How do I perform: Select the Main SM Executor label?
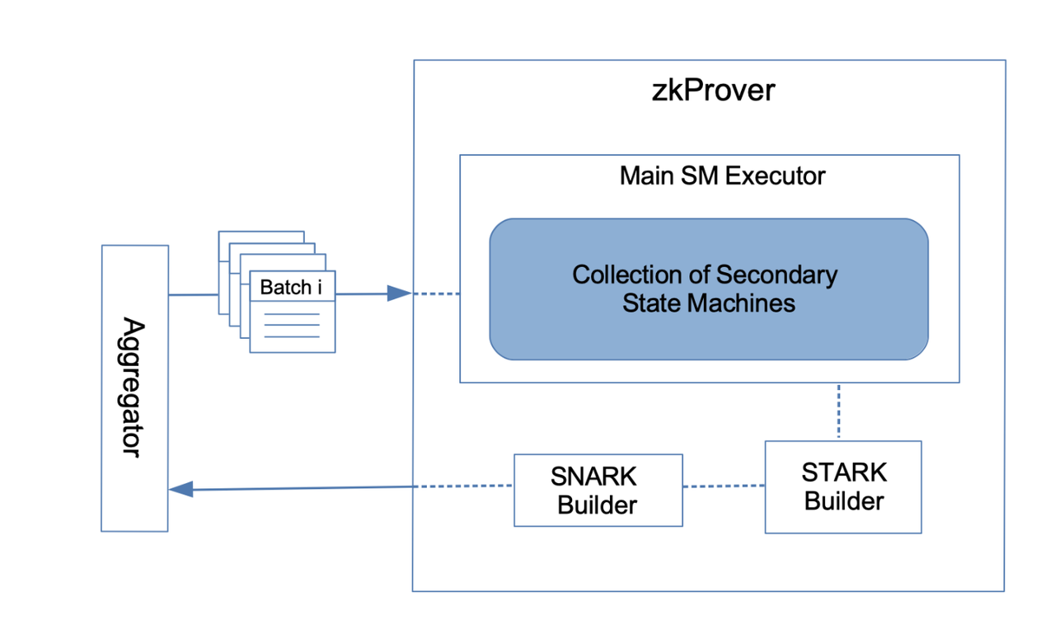tap(722, 176)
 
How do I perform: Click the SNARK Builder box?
tap(598, 490)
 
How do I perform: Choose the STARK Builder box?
tap(843, 486)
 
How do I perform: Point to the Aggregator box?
tap(134, 387)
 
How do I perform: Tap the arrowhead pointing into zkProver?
tap(399, 294)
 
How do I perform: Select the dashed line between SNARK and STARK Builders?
tap(724, 486)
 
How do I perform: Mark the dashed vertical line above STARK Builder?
tap(838, 411)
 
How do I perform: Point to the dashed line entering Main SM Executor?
tap(436, 294)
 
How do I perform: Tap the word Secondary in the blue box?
tap(776, 275)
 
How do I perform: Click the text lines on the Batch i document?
tap(292, 325)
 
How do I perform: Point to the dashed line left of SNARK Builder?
tap(463, 486)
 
